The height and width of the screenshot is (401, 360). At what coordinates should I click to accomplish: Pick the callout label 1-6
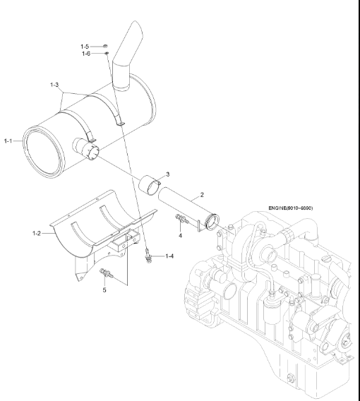tap(85, 53)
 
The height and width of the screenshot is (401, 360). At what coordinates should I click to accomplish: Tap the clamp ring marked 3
tap(154, 186)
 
